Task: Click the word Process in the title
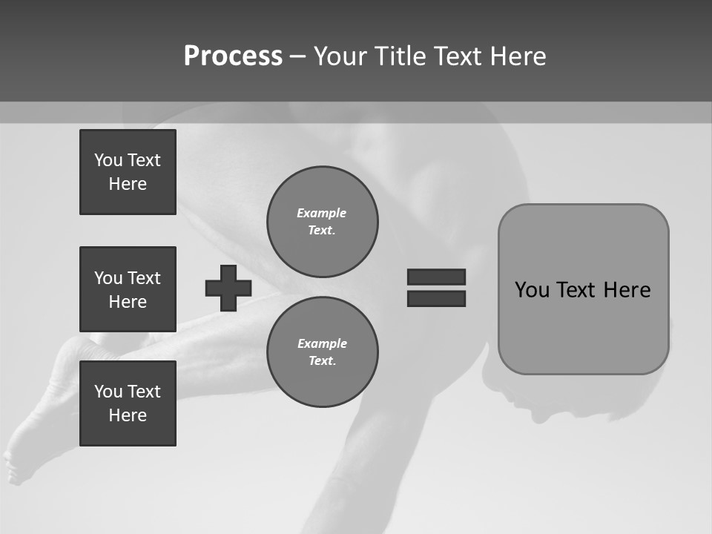(x=233, y=56)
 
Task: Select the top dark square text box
(x=128, y=172)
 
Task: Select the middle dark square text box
(x=128, y=289)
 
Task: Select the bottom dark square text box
(x=128, y=403)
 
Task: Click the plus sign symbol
(x=228, y=288)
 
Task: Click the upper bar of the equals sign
(x=436, y=277)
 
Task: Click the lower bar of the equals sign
(x=436, y=298)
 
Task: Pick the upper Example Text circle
(x=322, y=221)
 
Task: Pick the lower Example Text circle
(x=322, y=352)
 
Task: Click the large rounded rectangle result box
(x=583, y=289)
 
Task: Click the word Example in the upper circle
(x=322, y=213)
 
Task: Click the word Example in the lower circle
(x=322, y=343)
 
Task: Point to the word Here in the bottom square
(x=128, y=415)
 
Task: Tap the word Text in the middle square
(x=144, y=278)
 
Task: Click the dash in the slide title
(x=297, y=56)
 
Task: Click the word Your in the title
(x=338, y=56)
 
